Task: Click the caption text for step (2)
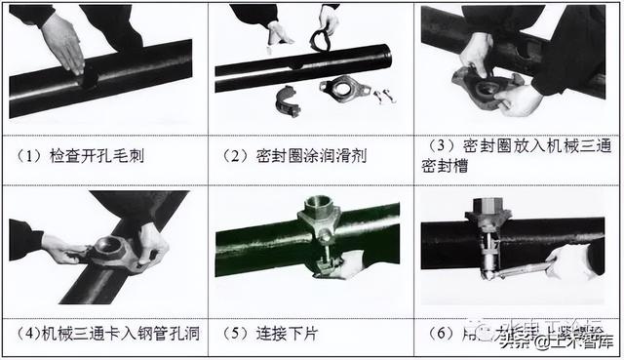[292, 154]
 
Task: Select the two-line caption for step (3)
[515, 156]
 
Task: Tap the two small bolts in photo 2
[385, 96]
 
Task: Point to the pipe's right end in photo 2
[384, 55]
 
